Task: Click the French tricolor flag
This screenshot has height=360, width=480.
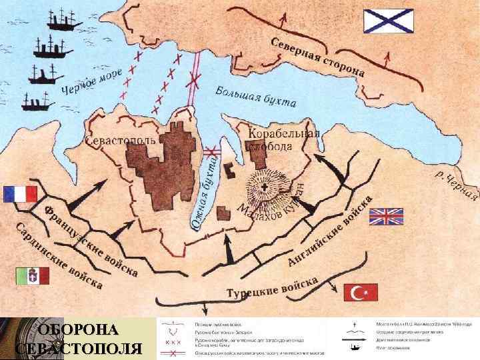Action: [20, 194]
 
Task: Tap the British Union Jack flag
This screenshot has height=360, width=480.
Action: [387, 217]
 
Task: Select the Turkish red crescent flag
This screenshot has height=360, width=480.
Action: [361, 292]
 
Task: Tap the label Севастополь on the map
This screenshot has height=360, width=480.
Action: [121, 141]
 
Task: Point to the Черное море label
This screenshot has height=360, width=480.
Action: [92, 84]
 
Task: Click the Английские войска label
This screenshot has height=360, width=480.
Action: [329, 234]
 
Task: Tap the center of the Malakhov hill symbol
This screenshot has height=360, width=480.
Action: [265, 185]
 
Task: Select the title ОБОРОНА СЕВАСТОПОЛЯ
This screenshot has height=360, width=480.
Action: [78, 339]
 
